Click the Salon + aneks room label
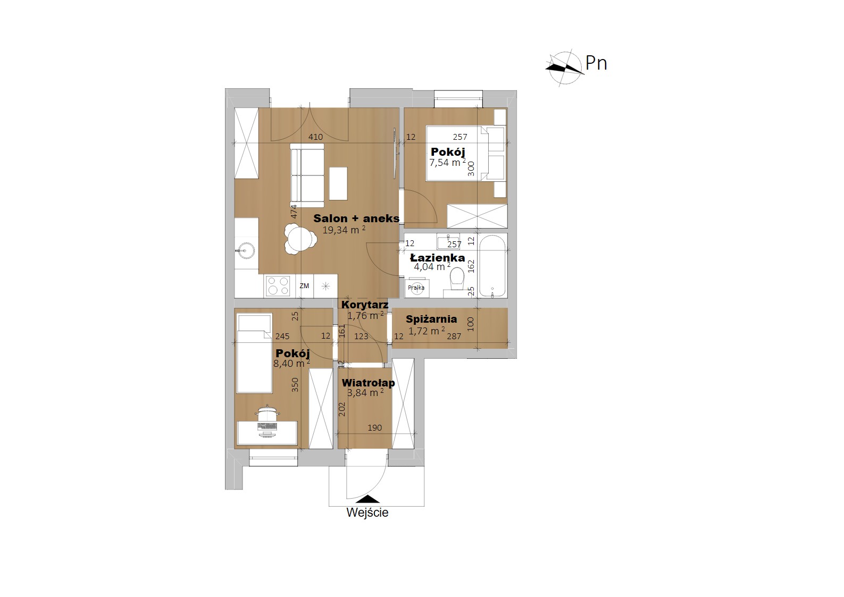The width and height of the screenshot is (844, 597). (356, 218)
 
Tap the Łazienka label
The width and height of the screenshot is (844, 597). (437, 258)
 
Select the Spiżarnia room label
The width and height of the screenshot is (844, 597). (431, 319)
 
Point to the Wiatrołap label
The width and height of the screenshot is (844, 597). (368, 383)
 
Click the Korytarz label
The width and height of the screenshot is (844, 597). (364, 305)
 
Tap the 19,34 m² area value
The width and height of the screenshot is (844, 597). (344, 230)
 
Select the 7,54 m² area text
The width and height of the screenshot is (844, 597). (447, 162)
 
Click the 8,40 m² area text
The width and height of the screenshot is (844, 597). (291, 364)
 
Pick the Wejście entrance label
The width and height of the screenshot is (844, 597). (367, 512)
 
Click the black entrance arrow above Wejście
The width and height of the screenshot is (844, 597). (367, 499)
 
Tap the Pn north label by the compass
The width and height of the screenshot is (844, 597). (596, 64)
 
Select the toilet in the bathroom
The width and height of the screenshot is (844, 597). (457, 279)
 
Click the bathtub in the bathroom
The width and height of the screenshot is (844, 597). (492, 266)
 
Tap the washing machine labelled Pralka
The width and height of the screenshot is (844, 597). (416, 288)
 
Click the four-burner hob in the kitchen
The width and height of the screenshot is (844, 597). (278, 285)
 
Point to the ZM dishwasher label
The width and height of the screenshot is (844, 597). (304, 286)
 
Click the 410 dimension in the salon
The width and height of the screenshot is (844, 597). (315, 137)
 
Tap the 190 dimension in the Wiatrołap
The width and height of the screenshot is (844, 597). (374, 428)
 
